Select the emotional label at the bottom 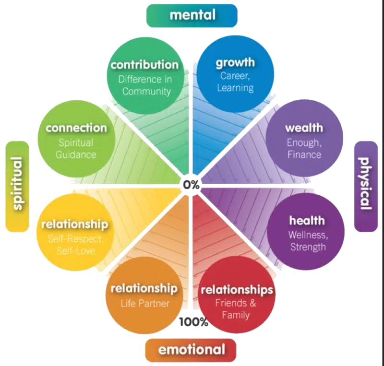(x=192, y=349)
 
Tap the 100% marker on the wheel (x=194, y=322)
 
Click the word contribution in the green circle (x=144, y=64)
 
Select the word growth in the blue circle (x=235, y=62)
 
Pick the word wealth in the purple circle (x=304, y=128)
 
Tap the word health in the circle (x=306, y=221)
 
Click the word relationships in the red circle (x=237, y=290)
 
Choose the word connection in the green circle (x=76, y=128)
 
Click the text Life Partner (x=144, y=303)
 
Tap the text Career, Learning (x=235, y=82)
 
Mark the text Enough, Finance (x=304, y=148)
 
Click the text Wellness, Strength (x=307, y=241)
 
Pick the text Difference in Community (x=144, y=85)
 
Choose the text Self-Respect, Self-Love (x=75, y=244)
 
